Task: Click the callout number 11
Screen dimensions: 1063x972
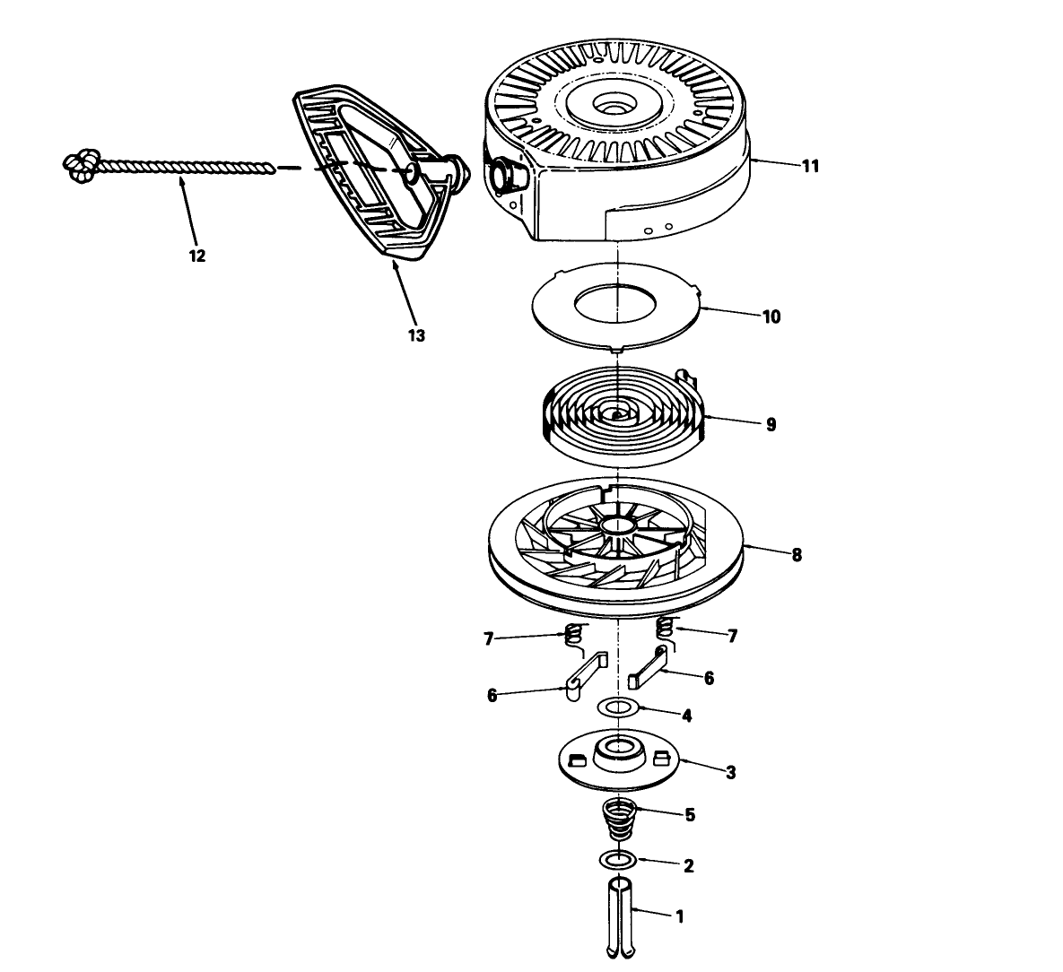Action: pos(811,166)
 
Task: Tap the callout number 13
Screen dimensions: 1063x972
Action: pos(416,334)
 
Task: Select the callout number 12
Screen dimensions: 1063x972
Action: pos(196,256)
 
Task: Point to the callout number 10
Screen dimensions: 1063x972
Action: pos(771,317)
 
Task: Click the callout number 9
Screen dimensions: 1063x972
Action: pos(771,424)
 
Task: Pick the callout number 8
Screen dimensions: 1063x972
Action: pos(797,554)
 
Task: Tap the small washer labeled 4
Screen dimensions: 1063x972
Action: pos(617,707)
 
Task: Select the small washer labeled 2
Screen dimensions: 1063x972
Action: pos(617,860)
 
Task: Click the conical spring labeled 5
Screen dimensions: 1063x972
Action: pos(618,820)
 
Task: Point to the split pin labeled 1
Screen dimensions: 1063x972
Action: pos(618,918)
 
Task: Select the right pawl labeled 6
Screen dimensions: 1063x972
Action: pos(649,668)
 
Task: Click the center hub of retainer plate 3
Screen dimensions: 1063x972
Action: pos(618,750)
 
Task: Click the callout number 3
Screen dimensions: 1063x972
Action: pos(730,772)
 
